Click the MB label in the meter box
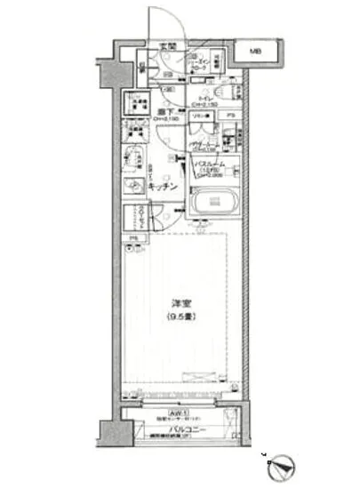pyautogui.click(x=254, y=52)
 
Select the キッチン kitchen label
pyautogui.click(x=162, y=188)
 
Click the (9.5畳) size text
pyautogui.click(x=177, y=317)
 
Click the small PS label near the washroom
pyautogui.click(x=230, y=115)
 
